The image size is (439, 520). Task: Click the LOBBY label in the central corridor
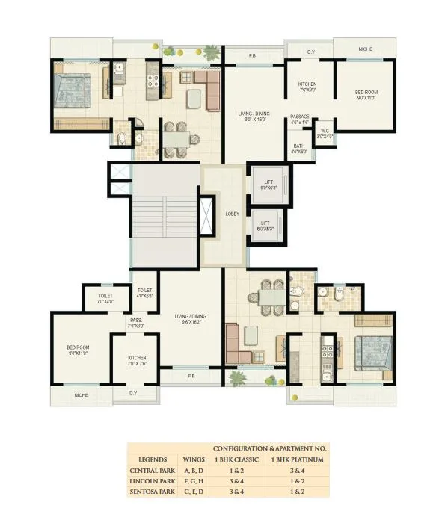(x=233, y=214)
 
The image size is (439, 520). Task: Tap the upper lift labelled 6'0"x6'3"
(x=267, y=184)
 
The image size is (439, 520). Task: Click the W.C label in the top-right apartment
(x=325, y=134)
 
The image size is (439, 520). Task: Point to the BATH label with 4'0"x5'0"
(x=298, y=149)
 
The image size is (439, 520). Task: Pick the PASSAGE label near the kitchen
(x=300, y=120)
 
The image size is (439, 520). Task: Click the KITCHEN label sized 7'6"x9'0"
(x=309, y=87)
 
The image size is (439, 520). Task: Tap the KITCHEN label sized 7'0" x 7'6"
(x=137, y=361)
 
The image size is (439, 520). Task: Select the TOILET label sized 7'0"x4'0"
(x=105, y=298)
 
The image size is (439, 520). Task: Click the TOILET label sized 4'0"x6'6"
(x=145, y=294)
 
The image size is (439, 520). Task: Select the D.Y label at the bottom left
(x=133, y=393)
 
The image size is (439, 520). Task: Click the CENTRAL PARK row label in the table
(x=154, y=472)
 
